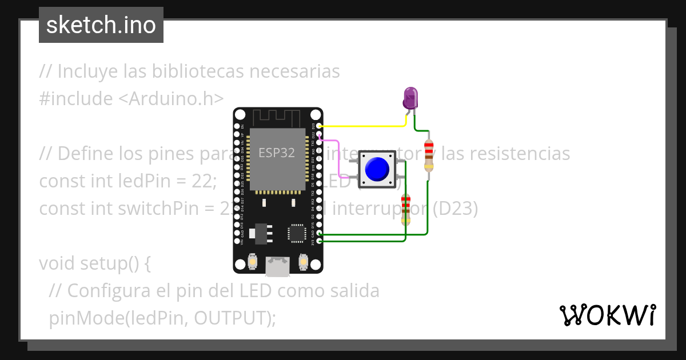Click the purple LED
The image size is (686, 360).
410,98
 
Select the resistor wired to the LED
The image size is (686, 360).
429,155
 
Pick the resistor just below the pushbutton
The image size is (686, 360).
406,209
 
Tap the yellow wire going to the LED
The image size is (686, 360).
360,126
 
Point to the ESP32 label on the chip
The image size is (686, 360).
277,153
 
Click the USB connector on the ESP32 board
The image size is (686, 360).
278,266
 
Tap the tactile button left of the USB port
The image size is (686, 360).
252,262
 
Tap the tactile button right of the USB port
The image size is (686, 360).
304,262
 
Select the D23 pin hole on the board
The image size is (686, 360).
319,126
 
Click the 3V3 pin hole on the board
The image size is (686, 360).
319,241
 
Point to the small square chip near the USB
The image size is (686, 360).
297,233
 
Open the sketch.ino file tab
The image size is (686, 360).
101,25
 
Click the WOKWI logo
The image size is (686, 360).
607,315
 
